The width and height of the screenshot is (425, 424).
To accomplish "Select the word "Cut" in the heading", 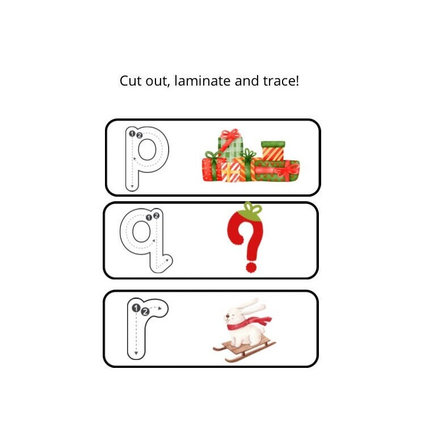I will tap(130, 81).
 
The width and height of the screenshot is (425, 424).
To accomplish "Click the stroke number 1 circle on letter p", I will tap(132, 134).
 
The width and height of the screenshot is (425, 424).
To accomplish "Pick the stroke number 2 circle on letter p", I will tap(139, 135).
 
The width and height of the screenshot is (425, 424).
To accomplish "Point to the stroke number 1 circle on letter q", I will tap(149, 217).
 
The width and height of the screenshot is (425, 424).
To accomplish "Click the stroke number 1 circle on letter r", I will tap(136, 308).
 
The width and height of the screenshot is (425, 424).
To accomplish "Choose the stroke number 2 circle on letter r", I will tap(145, 311).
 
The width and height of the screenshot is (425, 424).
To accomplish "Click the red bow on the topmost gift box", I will tap(230, 135).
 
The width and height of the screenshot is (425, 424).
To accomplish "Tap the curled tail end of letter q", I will tap(166, 262).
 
